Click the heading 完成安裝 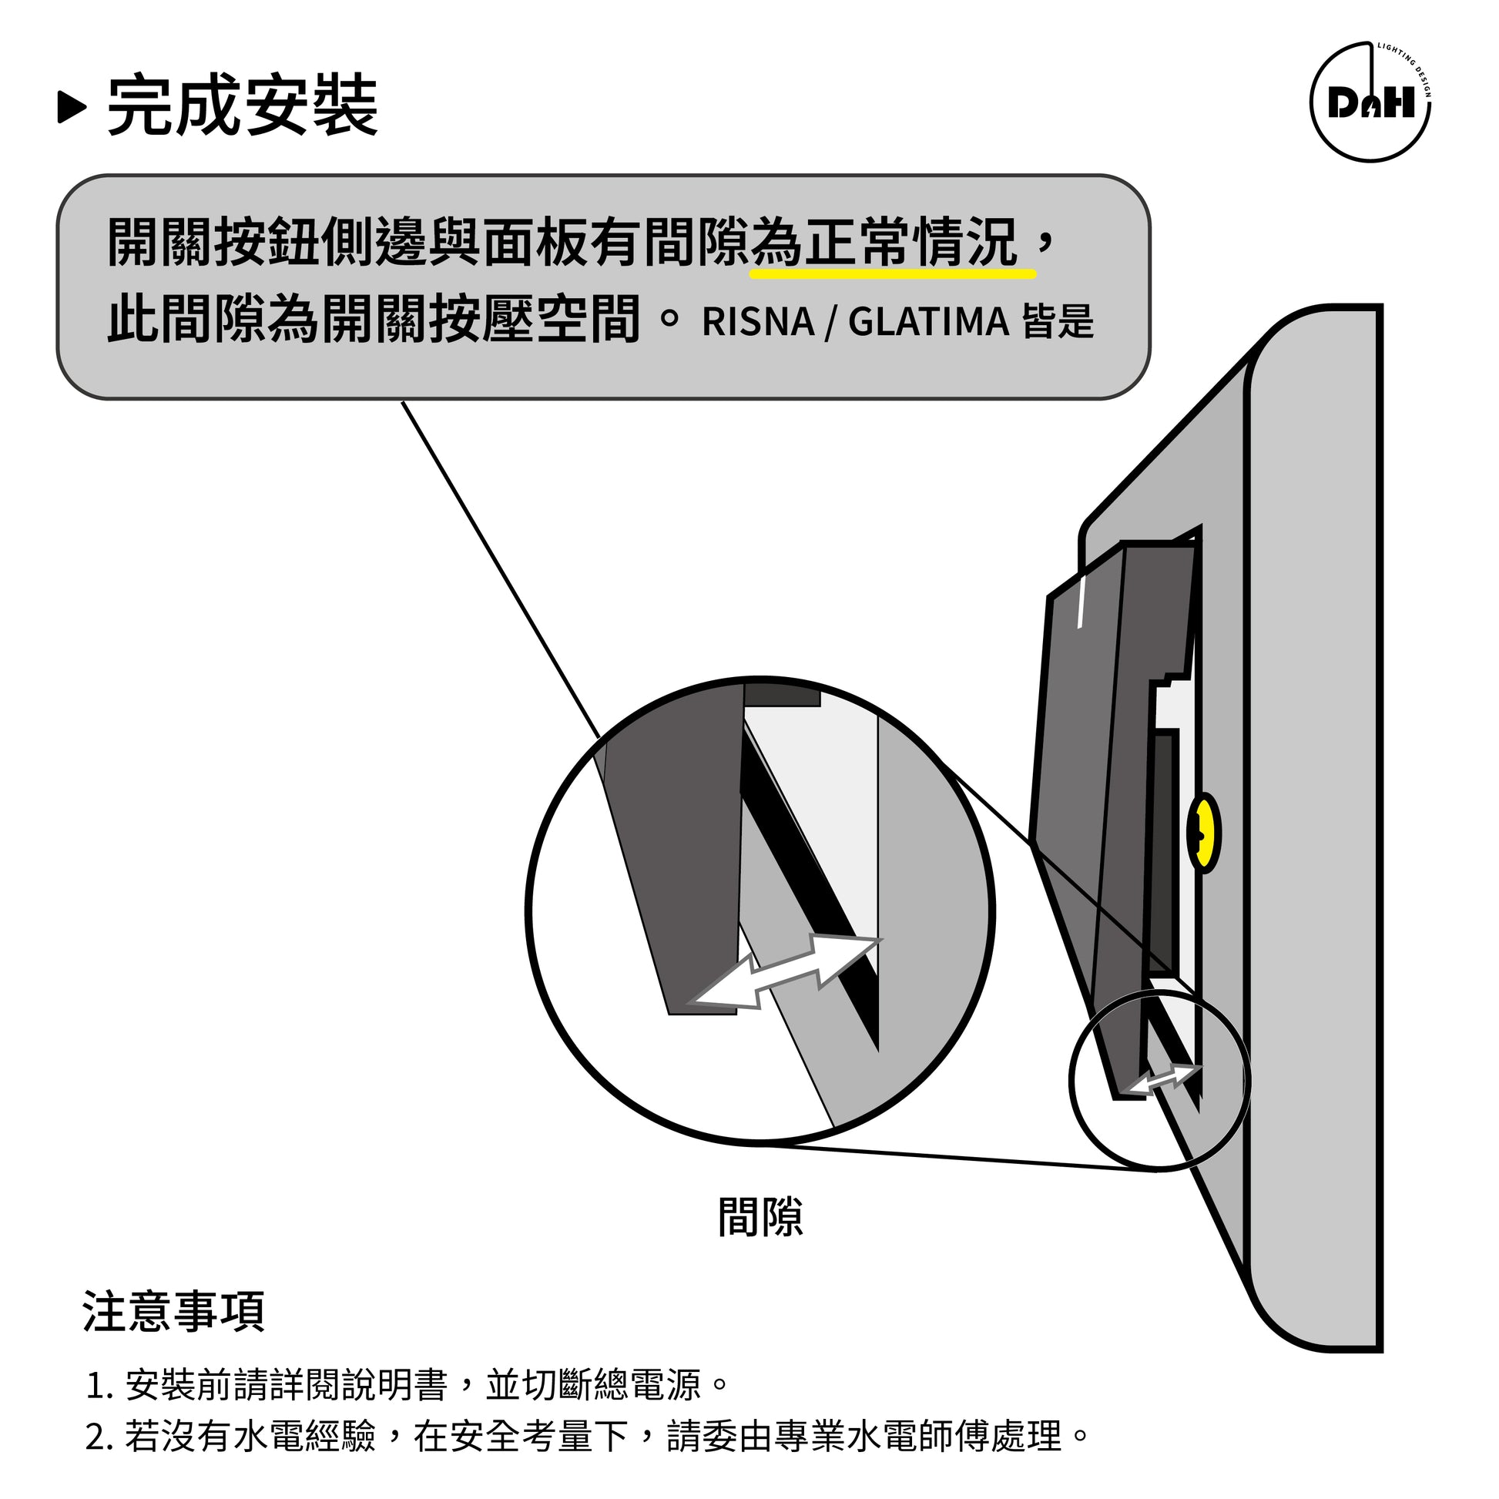[x=242, y=106]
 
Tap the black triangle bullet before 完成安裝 [x=72, y=107]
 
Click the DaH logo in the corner [x=1370, y=102]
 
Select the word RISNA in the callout [x=758, y=322]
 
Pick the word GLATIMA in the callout [x=929, y=322]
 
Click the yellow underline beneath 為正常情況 [x=893, y=274]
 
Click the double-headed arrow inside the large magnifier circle [x=785, y=973]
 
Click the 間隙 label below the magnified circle [x=760, y=1217]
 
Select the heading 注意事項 [x=174, y=1311]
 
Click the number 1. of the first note [x=101, y=1386]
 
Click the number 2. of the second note [x=101, y=1437]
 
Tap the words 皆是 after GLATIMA [x=1058, y=322]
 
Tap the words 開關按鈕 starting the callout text [x=213, y=242]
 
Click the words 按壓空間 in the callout [x=535, y=317]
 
